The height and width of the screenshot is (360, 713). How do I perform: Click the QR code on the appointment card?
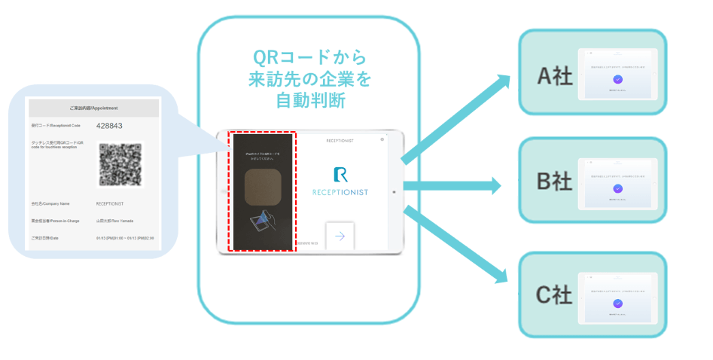(120, 165)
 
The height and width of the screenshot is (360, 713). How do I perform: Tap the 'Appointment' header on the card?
(93, 107)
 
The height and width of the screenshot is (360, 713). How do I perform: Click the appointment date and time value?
(125, 238)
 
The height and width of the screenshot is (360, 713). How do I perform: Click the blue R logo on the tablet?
(340, 175)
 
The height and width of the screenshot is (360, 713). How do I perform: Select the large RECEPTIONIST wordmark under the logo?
(340, 193)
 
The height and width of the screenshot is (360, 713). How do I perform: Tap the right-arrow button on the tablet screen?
(340, 236)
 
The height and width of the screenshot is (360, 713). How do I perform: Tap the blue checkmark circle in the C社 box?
(617, 303)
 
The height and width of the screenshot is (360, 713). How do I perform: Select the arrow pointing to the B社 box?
(452, 185)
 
